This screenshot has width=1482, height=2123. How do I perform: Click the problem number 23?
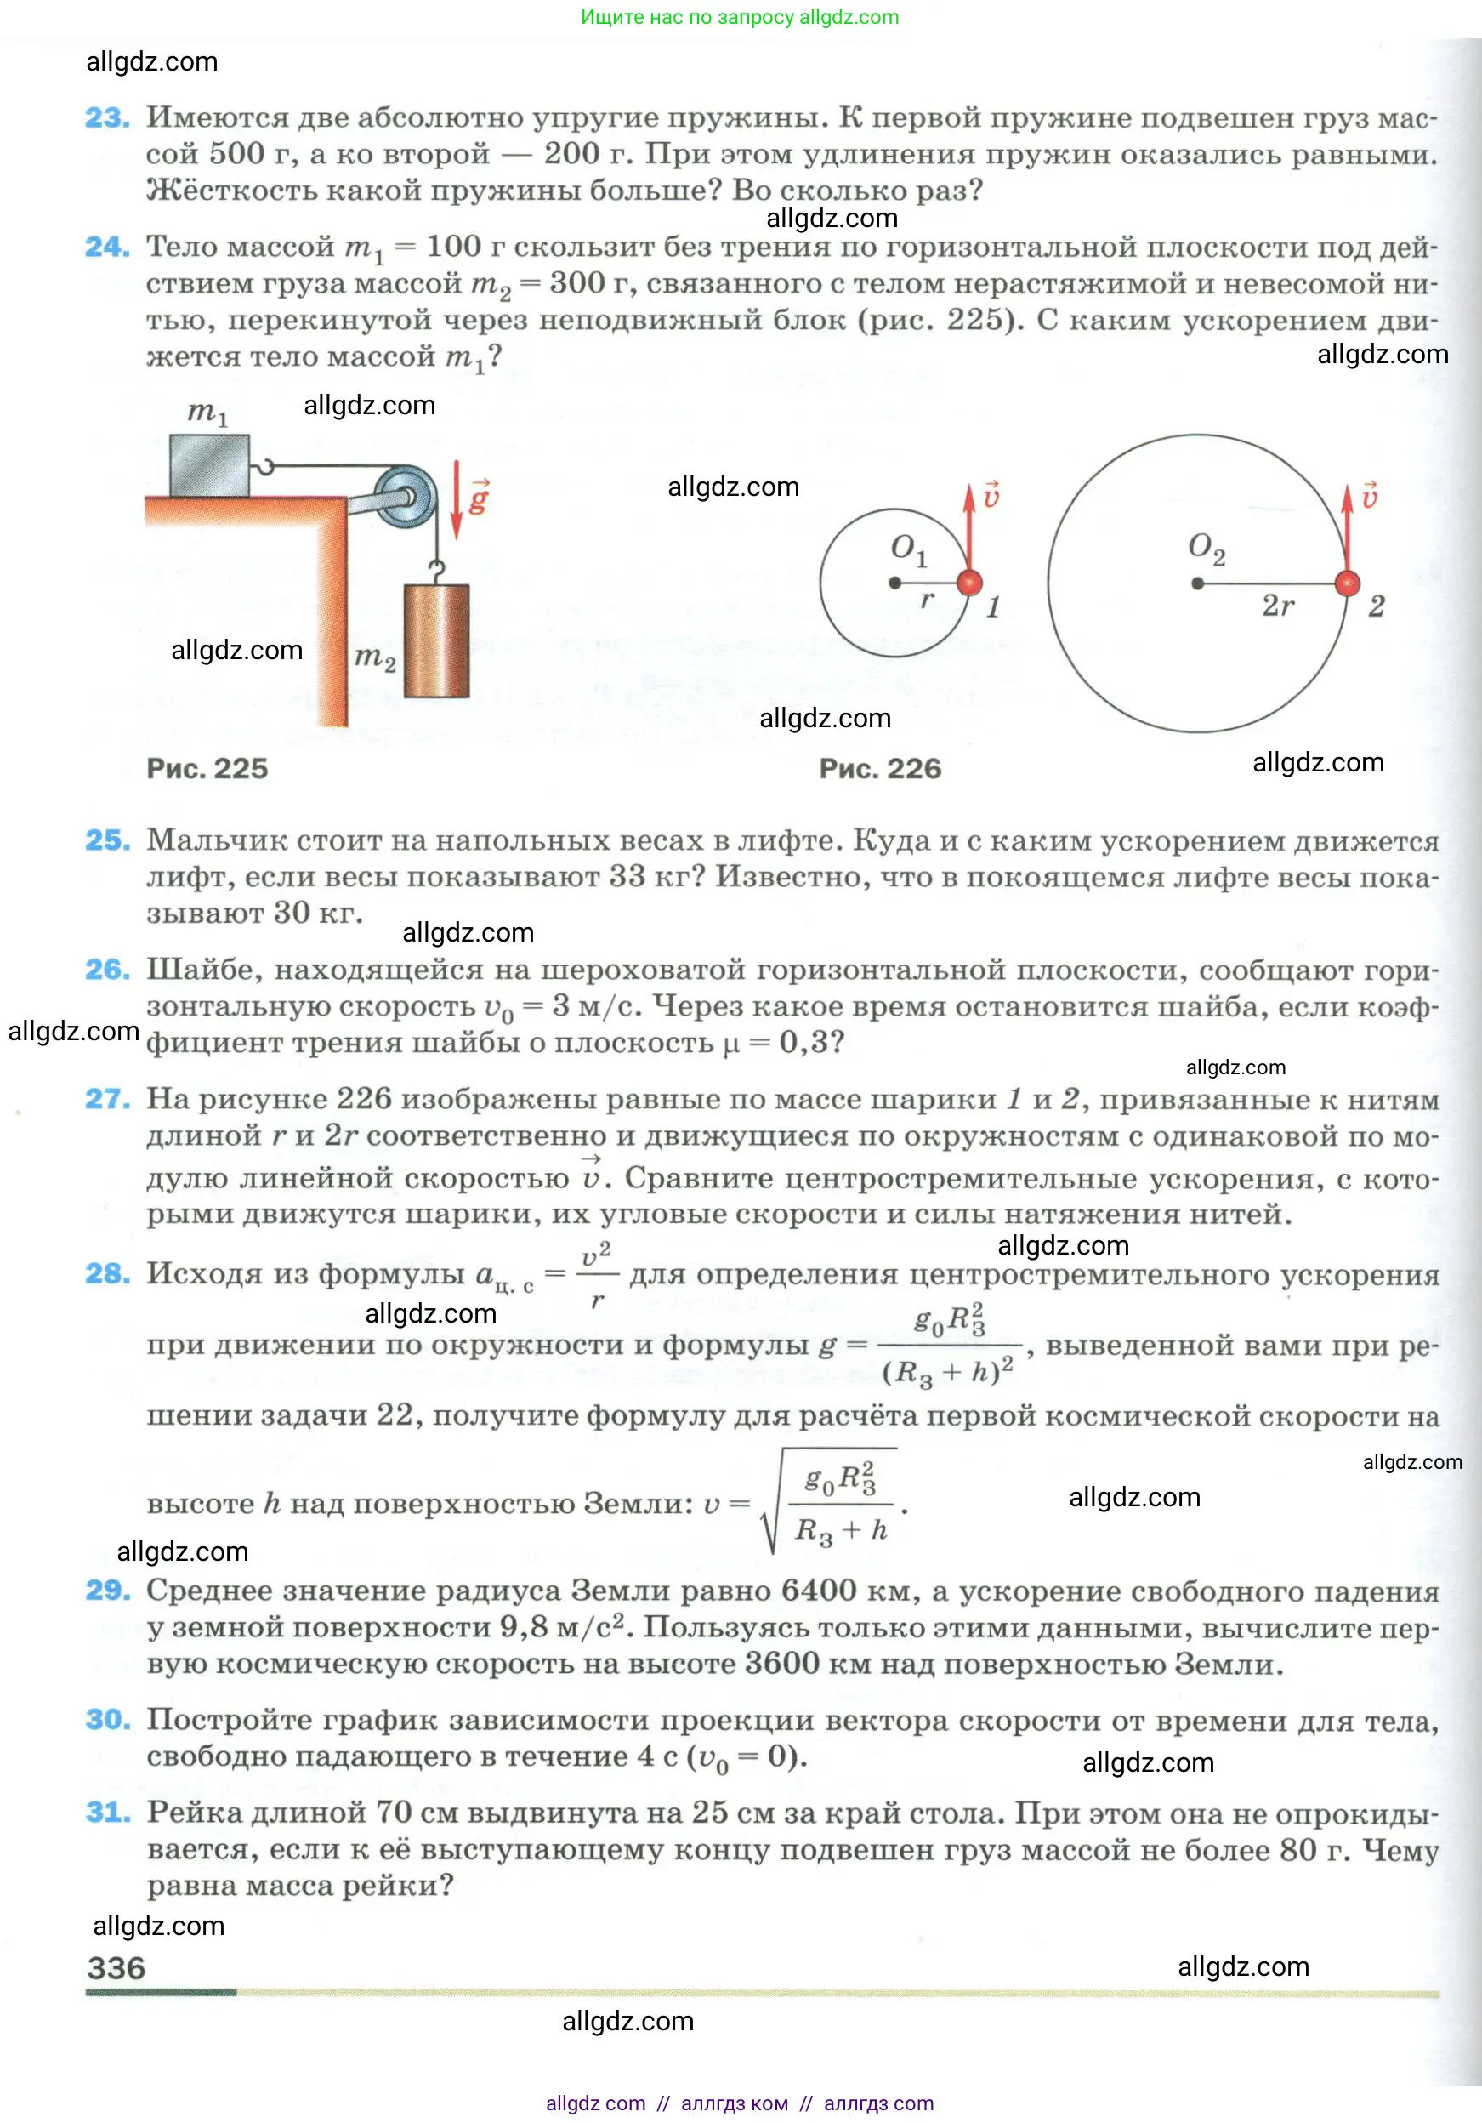[107, 118]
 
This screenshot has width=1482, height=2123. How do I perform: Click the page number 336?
[116, 1966]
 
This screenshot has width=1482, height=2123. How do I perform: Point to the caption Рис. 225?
[207, 768]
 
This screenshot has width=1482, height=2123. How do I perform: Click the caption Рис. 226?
[880, 768]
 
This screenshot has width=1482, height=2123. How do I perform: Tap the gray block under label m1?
[210, 465]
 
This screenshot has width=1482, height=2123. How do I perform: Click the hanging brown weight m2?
[436, 640]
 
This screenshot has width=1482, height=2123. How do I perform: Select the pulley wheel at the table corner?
[406, 496]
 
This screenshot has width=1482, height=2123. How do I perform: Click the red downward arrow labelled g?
[456, 500]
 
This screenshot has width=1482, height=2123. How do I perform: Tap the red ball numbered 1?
[969, 583]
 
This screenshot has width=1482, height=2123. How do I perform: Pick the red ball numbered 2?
[1347, 583]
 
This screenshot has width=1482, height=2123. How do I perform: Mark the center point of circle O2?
[1197, 583]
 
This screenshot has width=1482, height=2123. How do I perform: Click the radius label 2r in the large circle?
[1278, 606]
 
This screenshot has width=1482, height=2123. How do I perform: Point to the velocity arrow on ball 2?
[1348, 527]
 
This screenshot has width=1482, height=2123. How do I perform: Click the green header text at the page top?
[740, 17]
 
